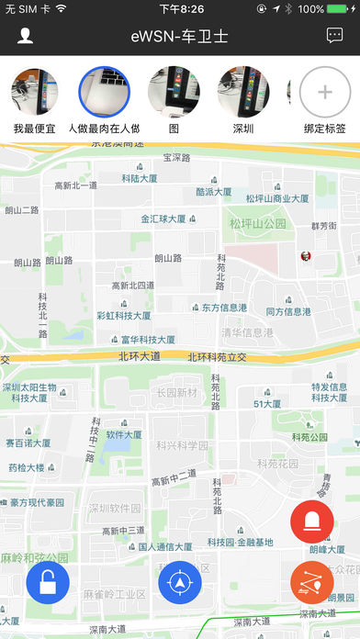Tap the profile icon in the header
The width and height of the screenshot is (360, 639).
26,36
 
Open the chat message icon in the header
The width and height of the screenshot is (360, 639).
334,36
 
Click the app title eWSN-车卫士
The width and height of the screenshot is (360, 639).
180,36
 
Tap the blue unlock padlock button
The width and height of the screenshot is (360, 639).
47,582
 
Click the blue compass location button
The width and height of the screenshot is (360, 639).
180,582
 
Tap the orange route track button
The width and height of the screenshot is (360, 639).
311,582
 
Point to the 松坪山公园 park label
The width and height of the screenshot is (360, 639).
258,223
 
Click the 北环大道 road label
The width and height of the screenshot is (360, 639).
139,356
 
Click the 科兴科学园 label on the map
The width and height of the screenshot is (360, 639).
182,445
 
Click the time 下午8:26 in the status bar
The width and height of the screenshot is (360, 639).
181,9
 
